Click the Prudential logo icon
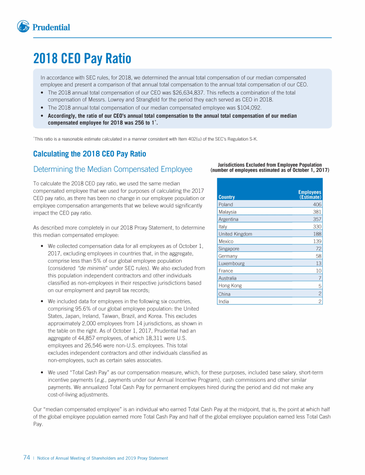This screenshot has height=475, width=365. (x=23, y=27)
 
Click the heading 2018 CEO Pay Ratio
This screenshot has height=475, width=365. (x=82, y=59)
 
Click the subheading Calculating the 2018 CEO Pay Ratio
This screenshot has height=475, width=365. (x=89, y=154)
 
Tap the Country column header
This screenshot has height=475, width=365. (x=227, y=197)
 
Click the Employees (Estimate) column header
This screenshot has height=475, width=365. (x=310, y=194)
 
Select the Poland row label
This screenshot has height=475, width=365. (x=226, y=204)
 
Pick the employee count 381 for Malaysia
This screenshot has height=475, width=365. (x=317, y=212)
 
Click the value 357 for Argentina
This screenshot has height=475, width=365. (x=317, y=219)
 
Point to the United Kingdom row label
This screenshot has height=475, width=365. (x=235, y=234)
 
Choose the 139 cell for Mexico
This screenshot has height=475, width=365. (x=317, y=241)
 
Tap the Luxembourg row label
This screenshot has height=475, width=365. (x=231, y=263)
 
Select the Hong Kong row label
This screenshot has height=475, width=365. (x=230, y=285)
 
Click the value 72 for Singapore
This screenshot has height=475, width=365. (x=318, y=248)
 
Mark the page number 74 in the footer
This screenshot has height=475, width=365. (x=27, y=458)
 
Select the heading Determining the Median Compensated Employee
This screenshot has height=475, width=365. (x=113, y=169)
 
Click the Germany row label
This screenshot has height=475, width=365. (x=228, y=256)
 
